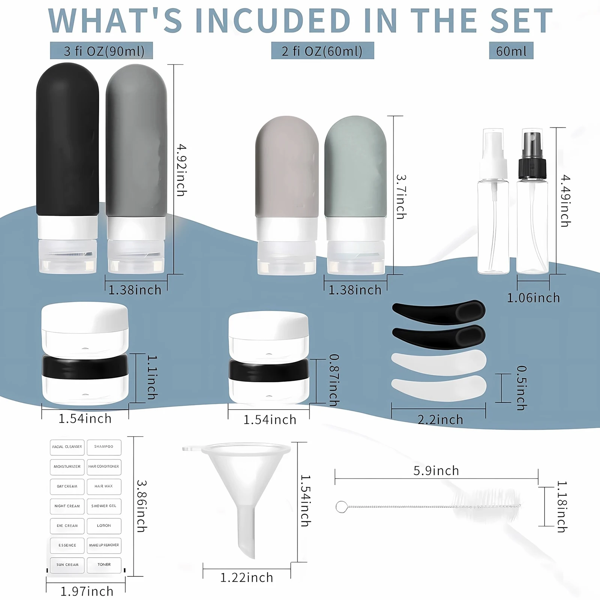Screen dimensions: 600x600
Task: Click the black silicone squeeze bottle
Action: point(67,150)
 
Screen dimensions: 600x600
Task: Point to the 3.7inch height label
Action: point(401,197)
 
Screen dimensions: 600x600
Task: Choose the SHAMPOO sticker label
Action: point(104,447)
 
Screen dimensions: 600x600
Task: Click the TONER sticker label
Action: point(104,564)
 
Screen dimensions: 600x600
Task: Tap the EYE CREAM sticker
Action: point(67,526)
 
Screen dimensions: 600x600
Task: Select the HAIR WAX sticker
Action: point(104,486)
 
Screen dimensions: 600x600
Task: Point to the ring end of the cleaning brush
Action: point(341,507)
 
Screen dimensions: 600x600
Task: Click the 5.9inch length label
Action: point(436,471)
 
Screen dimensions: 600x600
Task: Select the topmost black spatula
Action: point(438,311)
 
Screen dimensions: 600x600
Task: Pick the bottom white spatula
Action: point(438,388)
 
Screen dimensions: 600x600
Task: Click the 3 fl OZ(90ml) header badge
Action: point(102,51)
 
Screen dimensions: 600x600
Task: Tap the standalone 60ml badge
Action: point(511,51)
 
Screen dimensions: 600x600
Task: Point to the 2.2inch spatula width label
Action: point(440,420)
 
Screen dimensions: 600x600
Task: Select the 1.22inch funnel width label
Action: point(247,578)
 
